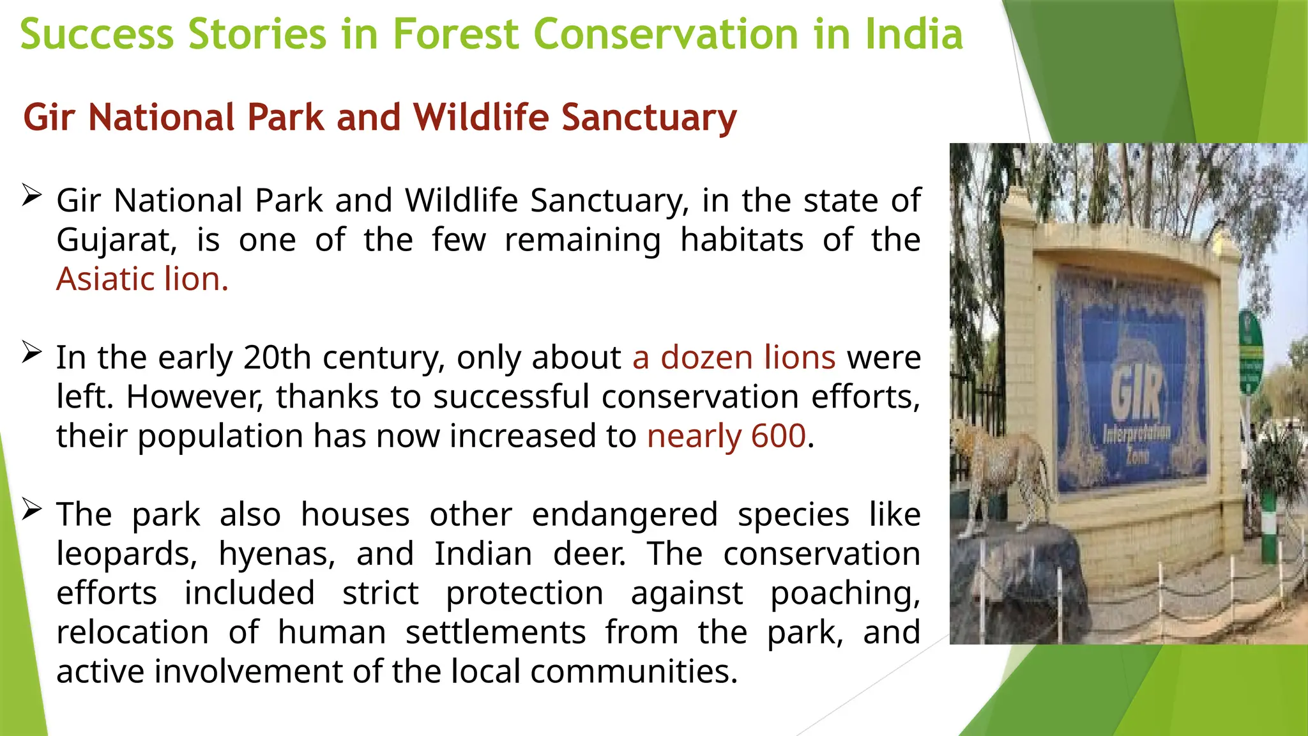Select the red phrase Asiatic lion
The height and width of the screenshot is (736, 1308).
pyautogui.click(x=142, y=279)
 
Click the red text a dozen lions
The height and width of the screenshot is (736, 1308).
pyautogui.click(x=734, y=357)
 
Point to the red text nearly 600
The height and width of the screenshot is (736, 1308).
pyautogui.click(x=726, y=436)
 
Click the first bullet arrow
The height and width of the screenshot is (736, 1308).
pyautogui.click(x=31, y=194)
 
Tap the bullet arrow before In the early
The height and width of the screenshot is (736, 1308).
pyautogui.click(x=31, y=351)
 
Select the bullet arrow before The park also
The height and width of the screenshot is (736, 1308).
pyautogui.click(x=31, y=509)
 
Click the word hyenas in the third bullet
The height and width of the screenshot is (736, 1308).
pyautogui.click(x=277, y=553)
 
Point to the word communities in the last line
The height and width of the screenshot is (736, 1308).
pyautogui.click(x=633, y=671)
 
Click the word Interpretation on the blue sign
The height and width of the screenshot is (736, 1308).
pyautogui.click(x=1136, y=434)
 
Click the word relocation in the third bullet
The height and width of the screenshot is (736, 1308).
pyautogui.click(x=132, y=632)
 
